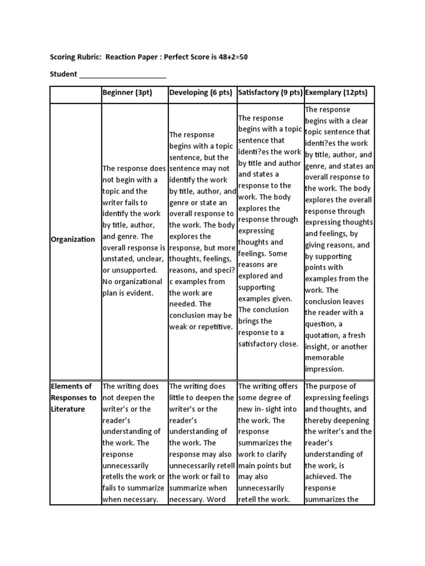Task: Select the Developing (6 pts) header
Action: tap(200, 93)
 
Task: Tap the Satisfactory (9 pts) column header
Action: tap(269, 93)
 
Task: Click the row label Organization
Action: tap(73, 239)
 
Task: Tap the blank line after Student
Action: tap(123, 75)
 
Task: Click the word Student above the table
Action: tap(64, 74)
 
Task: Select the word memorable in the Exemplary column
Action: tap(324, 358)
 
